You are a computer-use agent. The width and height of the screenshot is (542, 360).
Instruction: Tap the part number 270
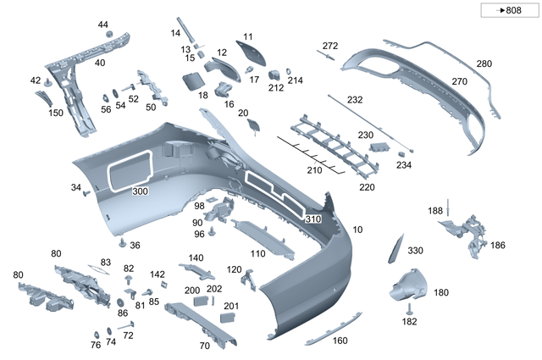[x=459, y=82]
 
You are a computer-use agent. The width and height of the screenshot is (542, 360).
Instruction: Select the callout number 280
[x=484, y=64]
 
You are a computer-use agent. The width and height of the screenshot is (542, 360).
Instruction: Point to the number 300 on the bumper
[x=140, y=191]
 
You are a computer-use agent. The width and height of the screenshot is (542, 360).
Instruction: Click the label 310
[x=312, y=219]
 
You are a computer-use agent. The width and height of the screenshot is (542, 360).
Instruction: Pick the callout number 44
[x=103, y=25]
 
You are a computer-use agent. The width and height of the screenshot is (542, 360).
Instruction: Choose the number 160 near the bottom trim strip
[x=340, y=341]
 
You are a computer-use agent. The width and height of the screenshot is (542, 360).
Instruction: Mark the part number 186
[x=497, y=245]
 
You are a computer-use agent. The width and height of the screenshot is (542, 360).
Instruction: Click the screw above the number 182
[x=409, y=307]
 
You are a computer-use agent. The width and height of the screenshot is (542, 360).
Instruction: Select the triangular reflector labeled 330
[x=393, y=246]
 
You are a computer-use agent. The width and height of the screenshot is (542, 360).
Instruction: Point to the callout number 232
[x=355, y=100]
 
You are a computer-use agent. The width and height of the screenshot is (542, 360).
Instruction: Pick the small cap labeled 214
[x=288, y=70]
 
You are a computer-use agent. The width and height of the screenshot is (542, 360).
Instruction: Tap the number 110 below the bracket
[x=257, y=253]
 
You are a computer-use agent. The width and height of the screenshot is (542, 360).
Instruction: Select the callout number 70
[x=204, y=346]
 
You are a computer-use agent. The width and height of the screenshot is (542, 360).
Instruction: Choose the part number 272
[x=330, y=46]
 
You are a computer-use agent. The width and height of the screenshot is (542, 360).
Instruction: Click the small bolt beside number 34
[x=86, y=193]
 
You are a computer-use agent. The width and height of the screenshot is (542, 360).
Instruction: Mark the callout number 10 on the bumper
[x=357, y=230]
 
